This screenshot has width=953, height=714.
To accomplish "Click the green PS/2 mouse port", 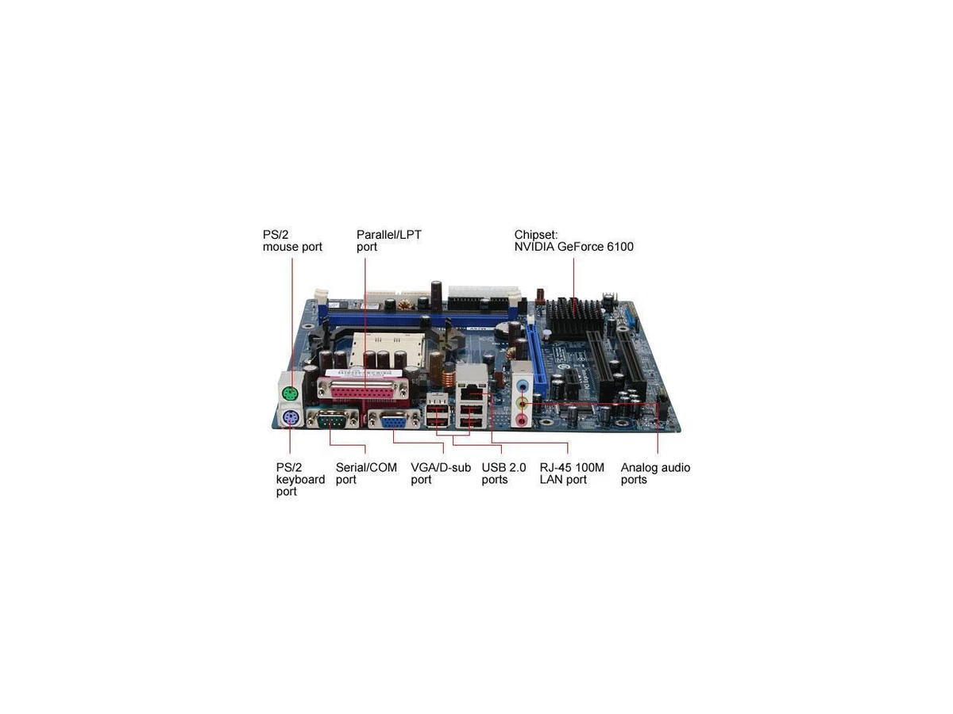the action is [291, 394].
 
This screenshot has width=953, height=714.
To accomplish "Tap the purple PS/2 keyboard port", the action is [291, 418].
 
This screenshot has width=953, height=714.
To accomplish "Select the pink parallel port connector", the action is [364, 393].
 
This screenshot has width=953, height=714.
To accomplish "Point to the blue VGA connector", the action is [393, 421].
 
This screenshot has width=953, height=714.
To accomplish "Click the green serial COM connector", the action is [333, 420].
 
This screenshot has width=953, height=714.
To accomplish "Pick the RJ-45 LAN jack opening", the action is [471, 393].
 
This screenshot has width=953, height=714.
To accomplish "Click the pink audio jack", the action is [523, 420].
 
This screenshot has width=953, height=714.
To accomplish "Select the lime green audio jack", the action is [523, 403].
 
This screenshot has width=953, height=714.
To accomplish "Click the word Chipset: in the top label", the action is [536, 235].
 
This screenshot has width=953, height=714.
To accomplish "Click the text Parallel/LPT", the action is [388, 235].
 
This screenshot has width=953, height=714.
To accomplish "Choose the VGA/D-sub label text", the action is [441, 467].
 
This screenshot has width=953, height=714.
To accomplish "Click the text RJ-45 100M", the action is [572, 467].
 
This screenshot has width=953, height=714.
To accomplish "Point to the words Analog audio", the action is [655, 468].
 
